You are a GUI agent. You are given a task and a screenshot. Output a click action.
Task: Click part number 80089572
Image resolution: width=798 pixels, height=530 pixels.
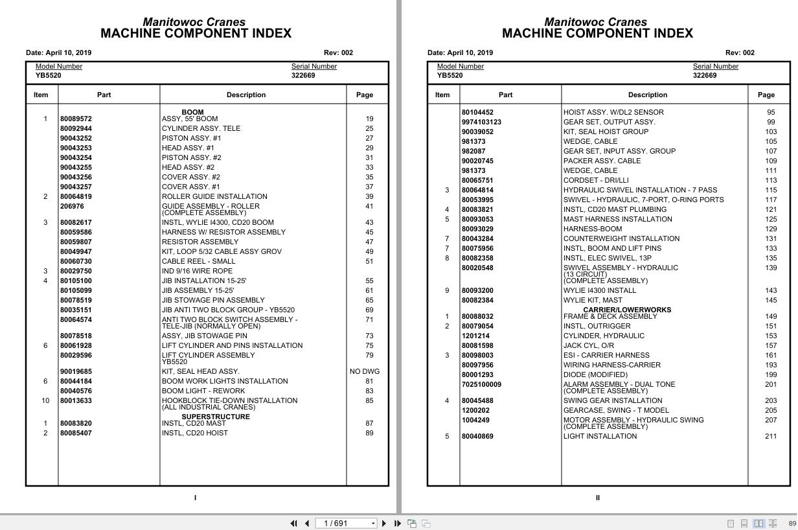click(x=76, y=119)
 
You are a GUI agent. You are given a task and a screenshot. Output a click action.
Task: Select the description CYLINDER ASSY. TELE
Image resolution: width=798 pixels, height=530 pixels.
click(x=201, y=128)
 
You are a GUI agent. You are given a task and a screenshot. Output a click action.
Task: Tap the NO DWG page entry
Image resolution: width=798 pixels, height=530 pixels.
click(x=365, y=371)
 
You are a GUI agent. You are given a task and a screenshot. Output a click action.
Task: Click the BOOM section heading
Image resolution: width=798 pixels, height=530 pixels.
click(x=192, y=112)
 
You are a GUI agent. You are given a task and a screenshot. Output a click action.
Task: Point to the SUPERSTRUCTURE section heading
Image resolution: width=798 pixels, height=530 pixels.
click(x=215, y=417)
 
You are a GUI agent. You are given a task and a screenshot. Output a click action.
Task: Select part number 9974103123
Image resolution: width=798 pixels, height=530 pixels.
click(x=481, y=122)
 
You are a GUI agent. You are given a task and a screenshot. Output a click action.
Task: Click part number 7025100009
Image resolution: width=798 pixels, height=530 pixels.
click(x=481, y=384)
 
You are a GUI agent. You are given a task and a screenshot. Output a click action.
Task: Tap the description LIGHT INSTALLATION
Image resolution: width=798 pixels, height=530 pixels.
click(x=600, y=436)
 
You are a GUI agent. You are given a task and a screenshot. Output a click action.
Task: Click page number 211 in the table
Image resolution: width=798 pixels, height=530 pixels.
click(x=771, y=436)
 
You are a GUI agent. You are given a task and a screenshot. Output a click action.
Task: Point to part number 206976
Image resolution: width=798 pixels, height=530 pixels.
click(x=72, y=206)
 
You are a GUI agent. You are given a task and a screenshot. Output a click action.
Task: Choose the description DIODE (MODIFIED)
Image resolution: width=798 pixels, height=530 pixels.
click(x=595, y=374)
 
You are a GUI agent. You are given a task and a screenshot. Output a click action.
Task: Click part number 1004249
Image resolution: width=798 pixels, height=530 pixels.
click(x=475, y=420)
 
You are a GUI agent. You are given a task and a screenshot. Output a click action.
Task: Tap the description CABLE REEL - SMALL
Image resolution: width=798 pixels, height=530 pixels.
click(x=198, y=261)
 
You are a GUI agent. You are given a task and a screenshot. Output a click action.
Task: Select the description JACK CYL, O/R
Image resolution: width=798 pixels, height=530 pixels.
click(x=588, y=345)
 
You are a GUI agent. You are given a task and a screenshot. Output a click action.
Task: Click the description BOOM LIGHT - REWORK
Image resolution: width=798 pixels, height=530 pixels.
click(x=203, y=391)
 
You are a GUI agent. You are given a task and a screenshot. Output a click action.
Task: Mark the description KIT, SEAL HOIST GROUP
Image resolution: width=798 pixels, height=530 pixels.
click(x=606, y=132)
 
